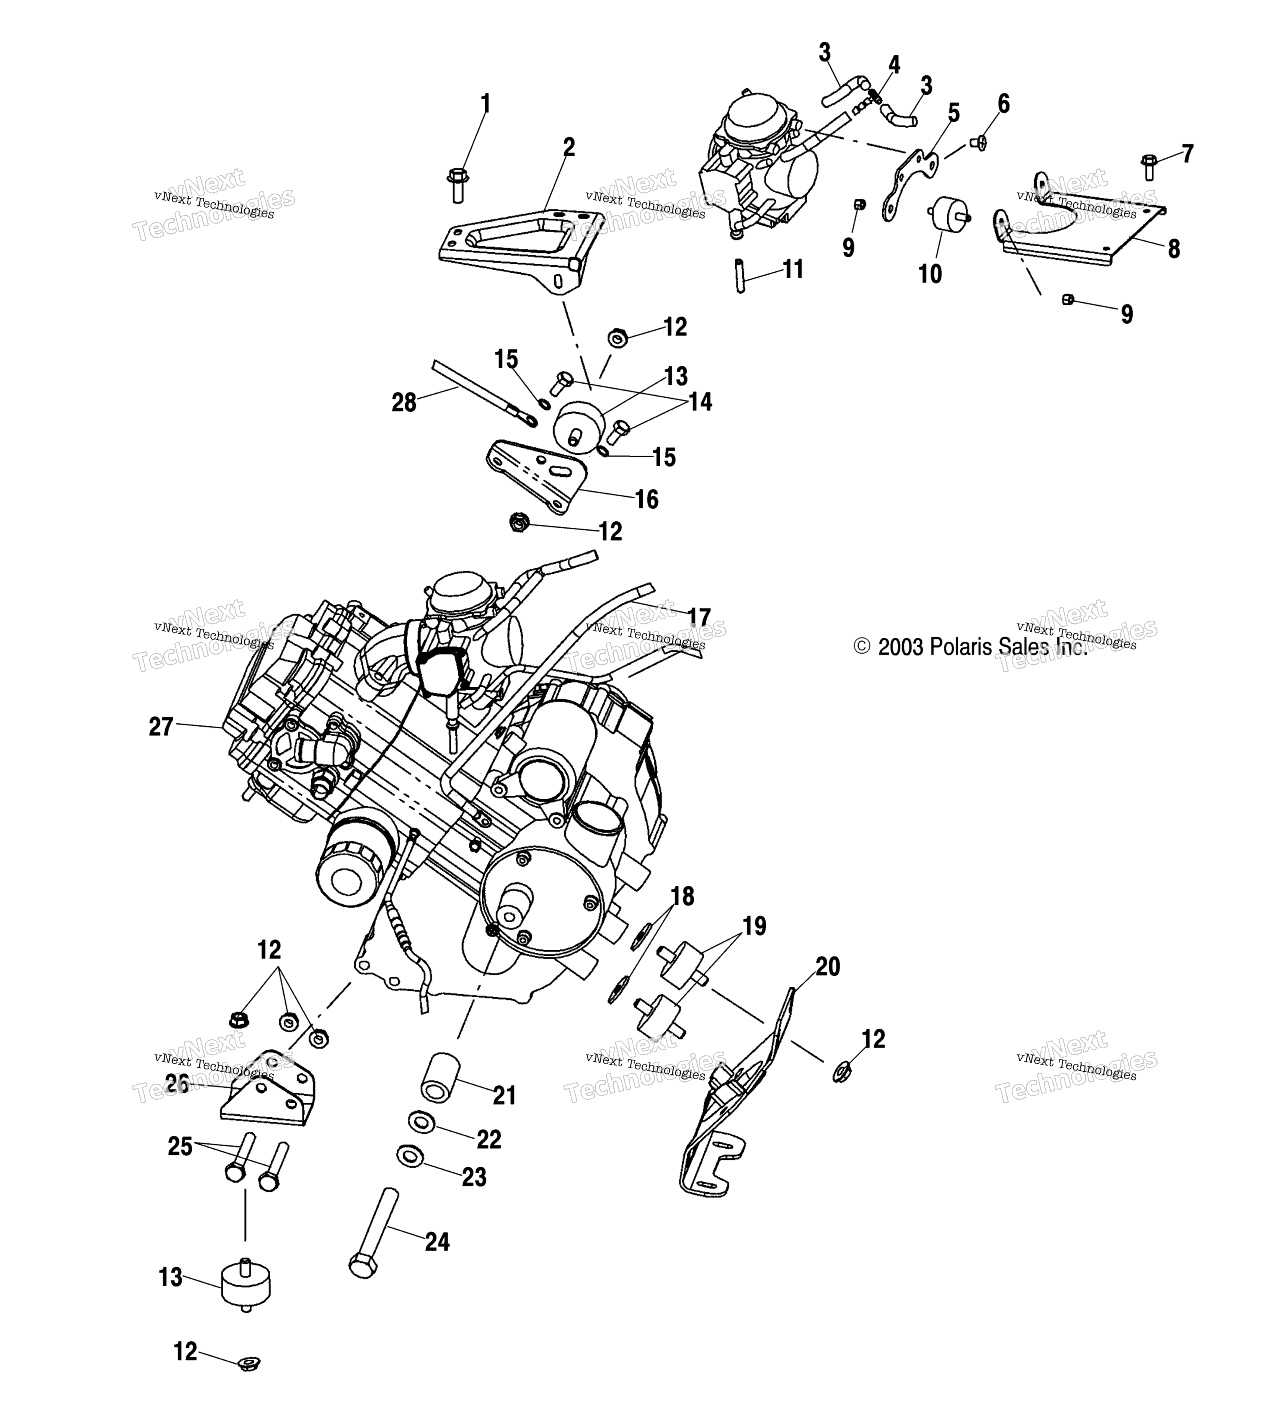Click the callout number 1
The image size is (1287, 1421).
pyautogui.click(x=485, y=104)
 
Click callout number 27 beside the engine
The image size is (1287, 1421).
pyautogui.click(x=161, y=726)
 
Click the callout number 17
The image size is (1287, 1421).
pyautogui.click(x=699, y=617)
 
